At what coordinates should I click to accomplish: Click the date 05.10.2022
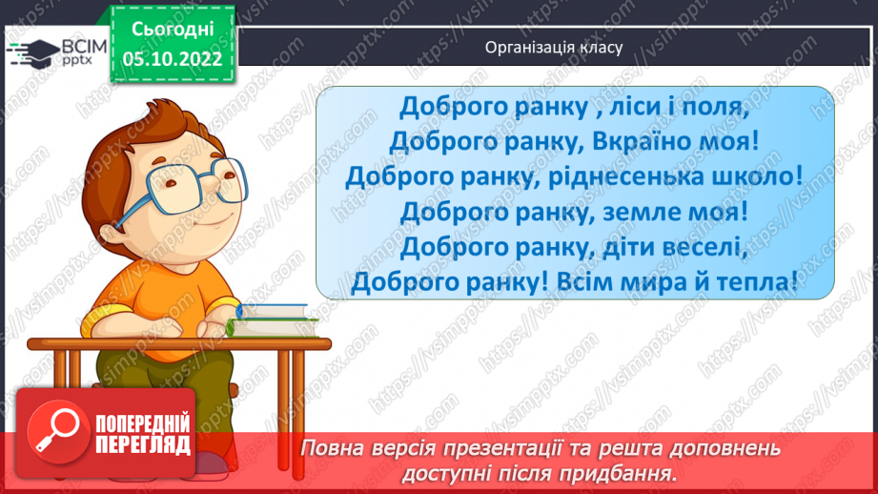pyautogui.click(x=173, y=59)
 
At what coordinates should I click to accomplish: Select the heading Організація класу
pyautogui.click(x=554, y=47)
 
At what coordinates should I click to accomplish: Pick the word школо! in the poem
pyautogui.click(x=757, y=175)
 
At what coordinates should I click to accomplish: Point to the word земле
pyautogui.click(x=625, y=211)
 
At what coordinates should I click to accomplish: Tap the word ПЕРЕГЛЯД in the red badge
pyautogui.click(x=143, y=444)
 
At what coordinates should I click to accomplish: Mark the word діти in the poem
pyautogui.click(x=601, y=246)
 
